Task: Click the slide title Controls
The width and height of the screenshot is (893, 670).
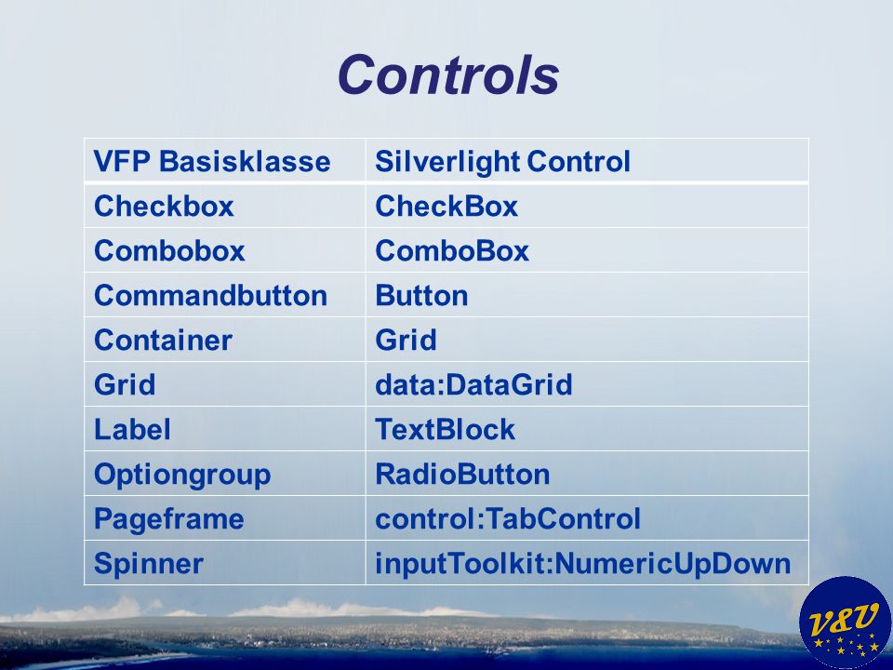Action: (448, 74)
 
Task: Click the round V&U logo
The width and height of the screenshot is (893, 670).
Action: (846, 623)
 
